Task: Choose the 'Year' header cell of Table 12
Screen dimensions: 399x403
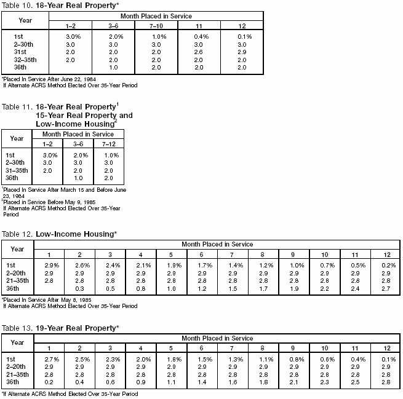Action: click(18, 249)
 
